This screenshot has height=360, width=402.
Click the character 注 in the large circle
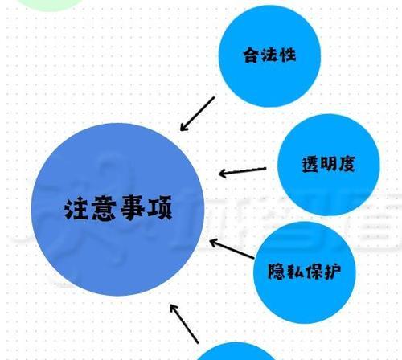coord(77,209)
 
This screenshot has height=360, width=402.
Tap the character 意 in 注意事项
coord(105,209)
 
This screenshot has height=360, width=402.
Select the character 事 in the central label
coord(132,208)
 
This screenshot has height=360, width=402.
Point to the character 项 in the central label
coord(159,208)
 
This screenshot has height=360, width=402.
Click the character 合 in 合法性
coord(252,55)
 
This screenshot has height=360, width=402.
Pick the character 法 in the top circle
coord(269,55)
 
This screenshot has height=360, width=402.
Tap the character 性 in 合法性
coord(287,55)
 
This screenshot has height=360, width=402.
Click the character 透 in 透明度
coord(310,164)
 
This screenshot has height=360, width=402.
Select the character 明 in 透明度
coord(328,164)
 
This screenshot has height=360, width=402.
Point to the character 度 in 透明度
coord(347,163)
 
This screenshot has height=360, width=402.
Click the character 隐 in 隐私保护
coord(277,272)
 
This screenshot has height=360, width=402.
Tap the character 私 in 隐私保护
coord(295,272)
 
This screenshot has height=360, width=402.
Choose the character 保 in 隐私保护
coord(314,272)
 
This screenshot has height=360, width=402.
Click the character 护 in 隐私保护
coord(332,272)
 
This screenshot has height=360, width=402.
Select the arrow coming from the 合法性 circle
coord(197,114)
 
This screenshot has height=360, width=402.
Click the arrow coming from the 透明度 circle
coord(242,171)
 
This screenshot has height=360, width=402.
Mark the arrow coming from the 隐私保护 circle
coord(232,249)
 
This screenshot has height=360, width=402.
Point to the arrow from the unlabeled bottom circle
coord(184,324)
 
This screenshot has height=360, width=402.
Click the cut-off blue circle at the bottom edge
coord(236,351)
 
